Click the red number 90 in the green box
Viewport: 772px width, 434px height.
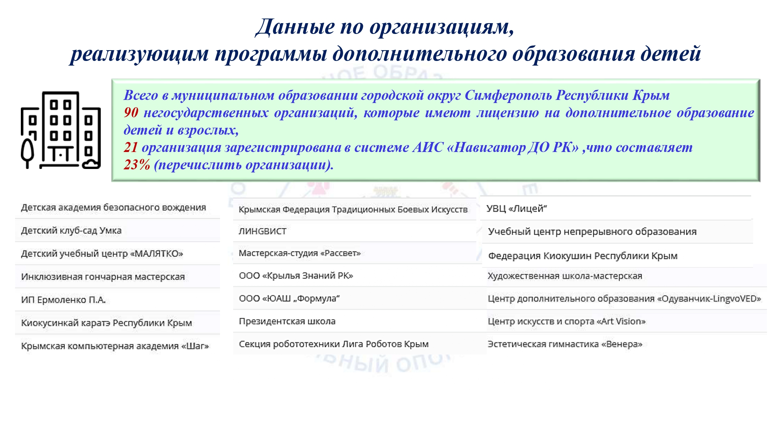coord(131,112)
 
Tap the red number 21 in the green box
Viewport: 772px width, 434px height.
coord(131,147)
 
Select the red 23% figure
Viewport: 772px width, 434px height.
coord(137,165)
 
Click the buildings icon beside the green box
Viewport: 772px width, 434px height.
coord(61,130)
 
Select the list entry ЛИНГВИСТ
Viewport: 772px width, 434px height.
coord(262,231)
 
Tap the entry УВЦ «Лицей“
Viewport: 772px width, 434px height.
coord(516,208)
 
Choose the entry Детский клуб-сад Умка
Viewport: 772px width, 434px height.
coord(71,231)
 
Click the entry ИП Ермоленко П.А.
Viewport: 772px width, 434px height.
coord(63,300)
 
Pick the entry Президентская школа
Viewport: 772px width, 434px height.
coord(287,321)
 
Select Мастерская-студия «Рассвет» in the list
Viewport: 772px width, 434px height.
coord(300,253)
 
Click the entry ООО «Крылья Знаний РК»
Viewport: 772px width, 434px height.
coord(296,276)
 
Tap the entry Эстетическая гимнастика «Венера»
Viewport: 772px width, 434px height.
coord(565,344)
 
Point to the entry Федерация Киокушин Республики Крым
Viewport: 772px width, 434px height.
coord(583,256)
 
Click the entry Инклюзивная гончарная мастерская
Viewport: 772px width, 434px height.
coord(103,277)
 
